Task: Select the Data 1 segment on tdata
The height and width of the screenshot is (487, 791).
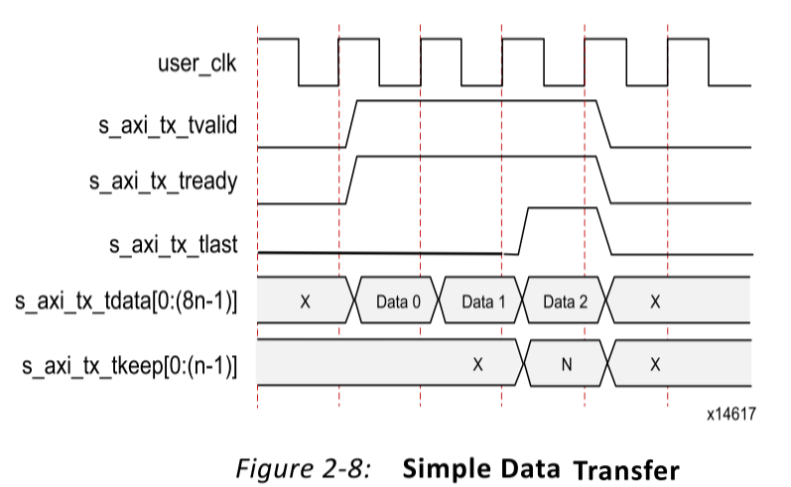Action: click(477, 301)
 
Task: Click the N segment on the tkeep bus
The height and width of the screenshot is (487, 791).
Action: click(567, 364)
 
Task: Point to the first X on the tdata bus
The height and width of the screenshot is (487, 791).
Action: click(305, 301)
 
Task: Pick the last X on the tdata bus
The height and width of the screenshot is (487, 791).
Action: click(655, 301)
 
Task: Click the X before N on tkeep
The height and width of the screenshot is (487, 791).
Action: click(477, 364)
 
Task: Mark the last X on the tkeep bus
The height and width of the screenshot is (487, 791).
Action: click(655, 364)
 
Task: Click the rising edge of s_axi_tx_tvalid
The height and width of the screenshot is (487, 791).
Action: click(351, 124)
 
